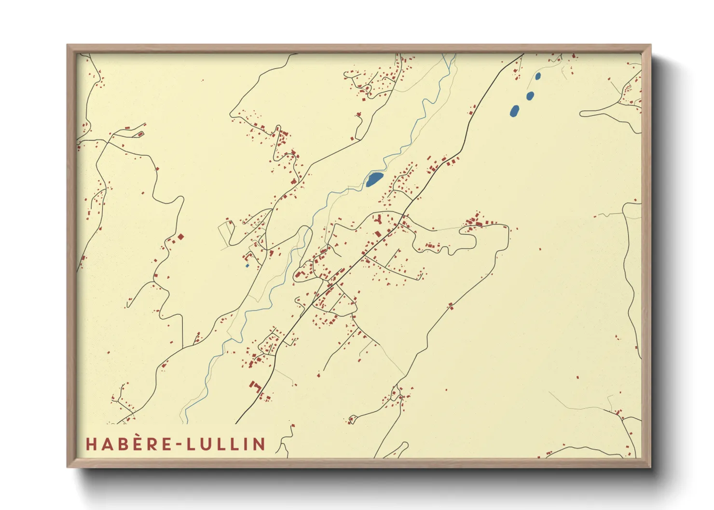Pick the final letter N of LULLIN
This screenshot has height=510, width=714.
(x=260, y=444)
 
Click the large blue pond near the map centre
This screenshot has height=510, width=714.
(x=374, y=179)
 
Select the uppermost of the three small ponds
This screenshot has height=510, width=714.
(x=538, y=76)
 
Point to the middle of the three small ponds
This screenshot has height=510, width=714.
(x=530, y=95)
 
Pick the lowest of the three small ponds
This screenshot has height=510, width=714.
(x=515, y=111)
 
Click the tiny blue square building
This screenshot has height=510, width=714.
(x=247, y=266)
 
